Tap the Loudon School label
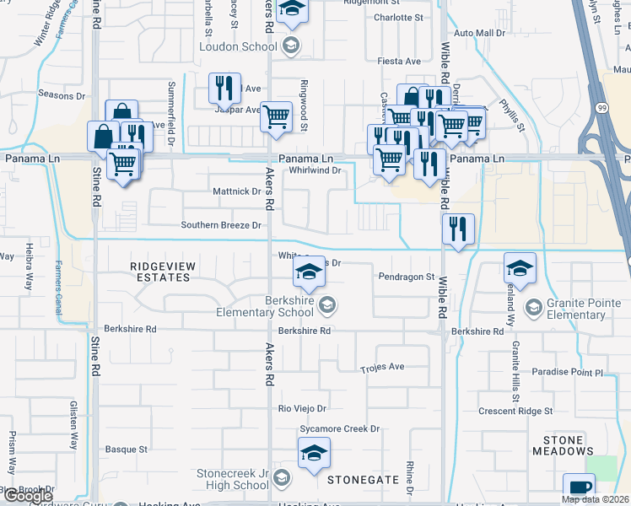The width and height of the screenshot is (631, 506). pos(237,47)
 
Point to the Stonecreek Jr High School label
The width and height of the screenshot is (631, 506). pos(232,479)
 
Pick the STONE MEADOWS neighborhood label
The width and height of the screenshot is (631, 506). pos(563,445)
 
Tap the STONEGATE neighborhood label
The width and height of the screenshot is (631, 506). pos(363,479)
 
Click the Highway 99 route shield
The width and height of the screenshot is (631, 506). pos(601,109)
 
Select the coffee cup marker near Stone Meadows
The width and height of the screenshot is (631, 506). pos(580,488)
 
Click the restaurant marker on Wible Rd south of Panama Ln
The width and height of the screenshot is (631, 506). pos(458,229)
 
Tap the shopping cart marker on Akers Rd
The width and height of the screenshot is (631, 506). pos(276,117)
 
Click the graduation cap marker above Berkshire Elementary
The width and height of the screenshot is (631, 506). pos(310,272)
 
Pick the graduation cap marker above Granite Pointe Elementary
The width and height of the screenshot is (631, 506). pos(520,268)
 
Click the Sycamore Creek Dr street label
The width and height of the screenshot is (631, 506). pos(340,429)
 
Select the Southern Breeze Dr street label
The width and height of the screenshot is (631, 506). pos(221,225)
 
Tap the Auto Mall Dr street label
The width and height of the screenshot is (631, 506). pos(478,33)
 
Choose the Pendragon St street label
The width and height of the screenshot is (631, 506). pos(406,276)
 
